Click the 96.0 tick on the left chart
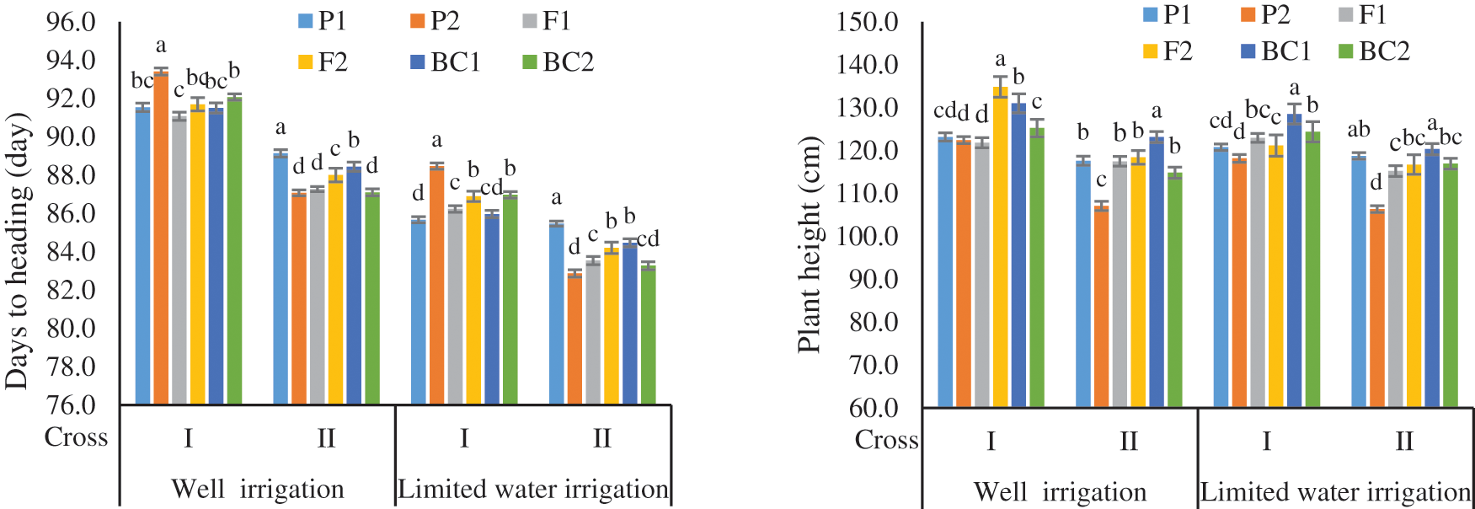click(x=71, y=22)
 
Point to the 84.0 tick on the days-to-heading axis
click(x=71, y=252)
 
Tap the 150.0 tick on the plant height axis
click(x=868, y=22)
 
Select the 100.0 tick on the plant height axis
click(x=868, y=237)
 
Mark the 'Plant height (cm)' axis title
click(x=809, y=244)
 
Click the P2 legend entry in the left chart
click(x=435, y=21)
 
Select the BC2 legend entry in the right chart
click(x=1374, y=51)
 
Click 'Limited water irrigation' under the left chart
click(x=532, y=489)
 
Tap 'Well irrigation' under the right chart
click(x=1060, y=491)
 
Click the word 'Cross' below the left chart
click(x=76, y=437)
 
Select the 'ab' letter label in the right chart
click(x=1358, y=130)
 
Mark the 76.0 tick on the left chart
click(x=71, y=405)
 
